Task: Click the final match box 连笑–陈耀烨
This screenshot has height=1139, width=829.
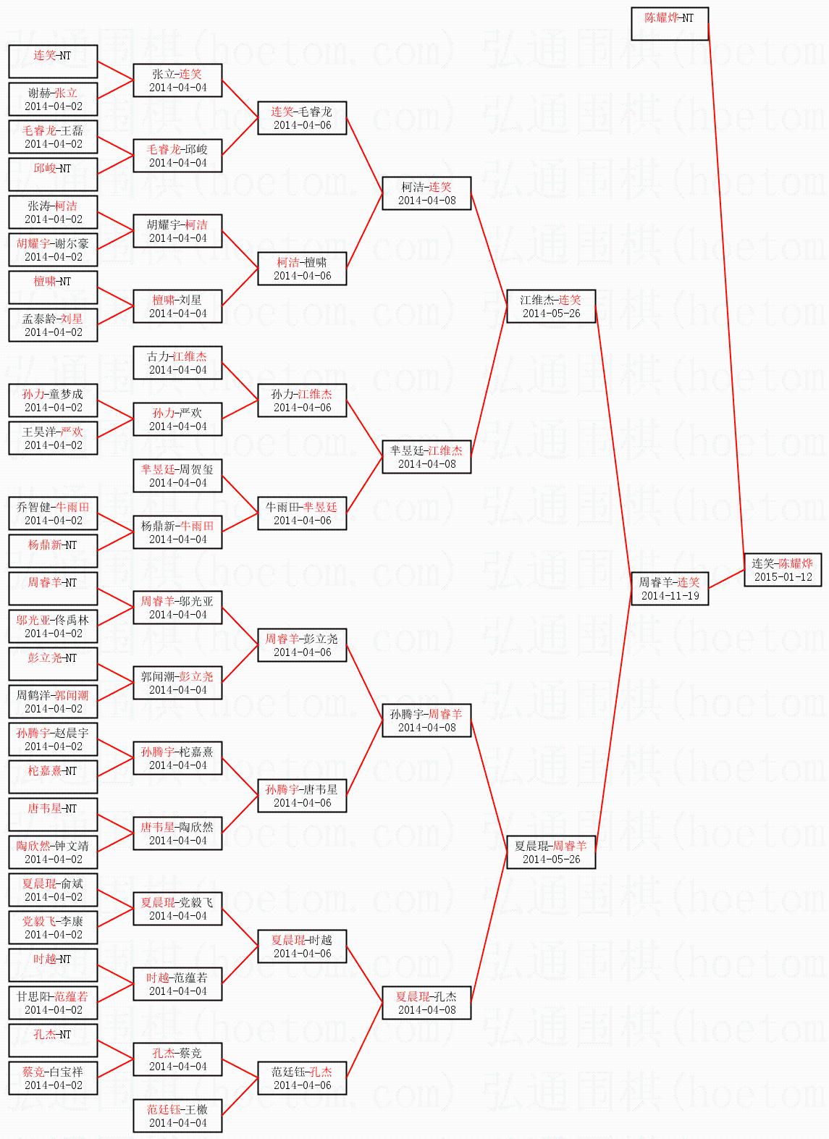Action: pyautogui.click(x=783, y=570)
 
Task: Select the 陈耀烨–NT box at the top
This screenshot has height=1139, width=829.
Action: pyautogui.click(x=669, y=24)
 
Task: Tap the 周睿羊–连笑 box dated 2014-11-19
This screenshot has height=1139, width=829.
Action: pyautogui.click(x=670, y=589)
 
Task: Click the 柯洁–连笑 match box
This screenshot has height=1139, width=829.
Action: pyautogui.click(x=427, y=193)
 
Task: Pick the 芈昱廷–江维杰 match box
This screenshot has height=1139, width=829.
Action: pyautogui.click(x=427, y=457)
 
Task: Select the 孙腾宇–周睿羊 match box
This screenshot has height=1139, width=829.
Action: pyautogui.click(x=427, y=720)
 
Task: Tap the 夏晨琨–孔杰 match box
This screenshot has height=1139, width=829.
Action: pyautogui.click(x=427, y=1003)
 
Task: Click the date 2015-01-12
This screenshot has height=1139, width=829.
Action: pyautogui.click(x=783, y=577)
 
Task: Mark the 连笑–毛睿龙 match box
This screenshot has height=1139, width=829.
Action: pyautogui.click(x=303, y=118)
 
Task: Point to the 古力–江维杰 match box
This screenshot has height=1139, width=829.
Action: pyautogui.click(x=178, y=363)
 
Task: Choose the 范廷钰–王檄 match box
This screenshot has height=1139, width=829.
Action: pyautogui.click(x=178, y=1116)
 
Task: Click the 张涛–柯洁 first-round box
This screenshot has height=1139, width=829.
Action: pyautogui.click(x=54, y=212)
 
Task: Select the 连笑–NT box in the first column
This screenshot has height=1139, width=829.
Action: pyautogui.click(x=54, y=62)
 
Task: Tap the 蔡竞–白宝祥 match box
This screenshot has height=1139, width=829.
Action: pyautogui.click(x=54, y=1078)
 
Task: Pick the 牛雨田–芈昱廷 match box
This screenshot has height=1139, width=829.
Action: pyautogui.click(x=303, y=513)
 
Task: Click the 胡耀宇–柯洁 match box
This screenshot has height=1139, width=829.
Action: pyautogui.click(x=178, y=231)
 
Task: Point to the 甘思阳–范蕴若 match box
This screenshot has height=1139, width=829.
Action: pyautogui.click(x=54, y=1003)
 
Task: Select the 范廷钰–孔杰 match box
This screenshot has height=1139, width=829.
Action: pyautogui.click(x=303, y=1078)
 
